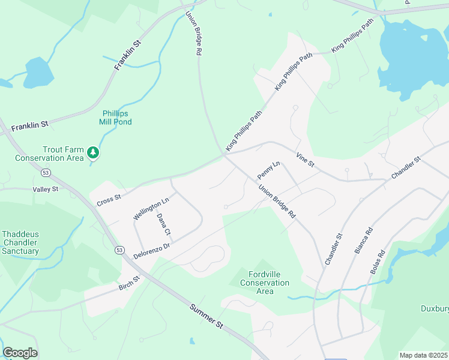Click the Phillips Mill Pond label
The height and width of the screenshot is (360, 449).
coord(116,118)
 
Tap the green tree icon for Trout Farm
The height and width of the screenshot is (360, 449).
coord(93,153)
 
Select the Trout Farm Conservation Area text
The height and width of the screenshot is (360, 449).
coord(49,154)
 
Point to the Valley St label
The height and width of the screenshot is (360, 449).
coord(46,189)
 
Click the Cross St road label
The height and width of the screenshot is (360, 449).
coord(109,197)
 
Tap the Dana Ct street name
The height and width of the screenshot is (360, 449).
coord(164,224)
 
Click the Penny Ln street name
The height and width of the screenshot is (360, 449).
coord(268,170)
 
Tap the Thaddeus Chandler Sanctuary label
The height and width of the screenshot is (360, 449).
coord(20,242)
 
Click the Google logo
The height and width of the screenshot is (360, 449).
coord(20,353)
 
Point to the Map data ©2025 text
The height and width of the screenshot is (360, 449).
coord(424,355)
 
